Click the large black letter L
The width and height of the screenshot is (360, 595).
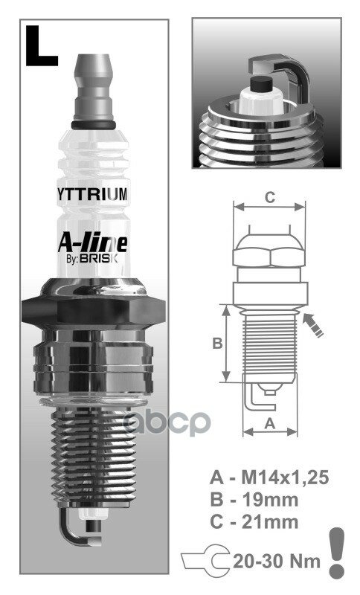pos(41,46)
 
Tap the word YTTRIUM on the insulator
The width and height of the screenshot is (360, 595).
pos(92,194)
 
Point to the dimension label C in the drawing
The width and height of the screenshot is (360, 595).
pos(270,197)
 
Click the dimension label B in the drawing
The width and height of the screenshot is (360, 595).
pos(217,343)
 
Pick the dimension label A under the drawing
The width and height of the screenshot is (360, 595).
pos(270,422)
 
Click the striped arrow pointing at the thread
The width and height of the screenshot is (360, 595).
pos(312,325)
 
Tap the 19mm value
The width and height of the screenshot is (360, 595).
pos(270,499)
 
